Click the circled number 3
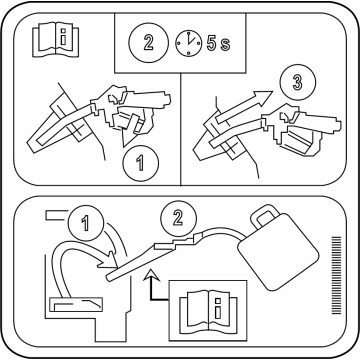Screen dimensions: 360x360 point(298,82)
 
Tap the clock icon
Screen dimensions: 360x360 point(189,43)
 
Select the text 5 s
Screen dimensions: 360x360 point(218,44)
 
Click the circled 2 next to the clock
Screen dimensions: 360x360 point(149,42)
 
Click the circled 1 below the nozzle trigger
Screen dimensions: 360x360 point(141,164)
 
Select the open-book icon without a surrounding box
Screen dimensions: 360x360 point(56,39)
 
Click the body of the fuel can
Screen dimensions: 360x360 point(279,252)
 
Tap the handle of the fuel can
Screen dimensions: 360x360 point(264,217)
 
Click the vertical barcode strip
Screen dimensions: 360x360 point(337,275)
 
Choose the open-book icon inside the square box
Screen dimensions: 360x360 point(208,310)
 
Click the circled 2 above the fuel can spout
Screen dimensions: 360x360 point(178,218)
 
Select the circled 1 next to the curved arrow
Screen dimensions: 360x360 point(86,223)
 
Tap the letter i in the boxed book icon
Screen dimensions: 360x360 point(218,308)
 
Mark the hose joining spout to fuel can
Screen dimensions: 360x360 point(223,231)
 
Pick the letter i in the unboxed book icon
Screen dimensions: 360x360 point(63,36)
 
